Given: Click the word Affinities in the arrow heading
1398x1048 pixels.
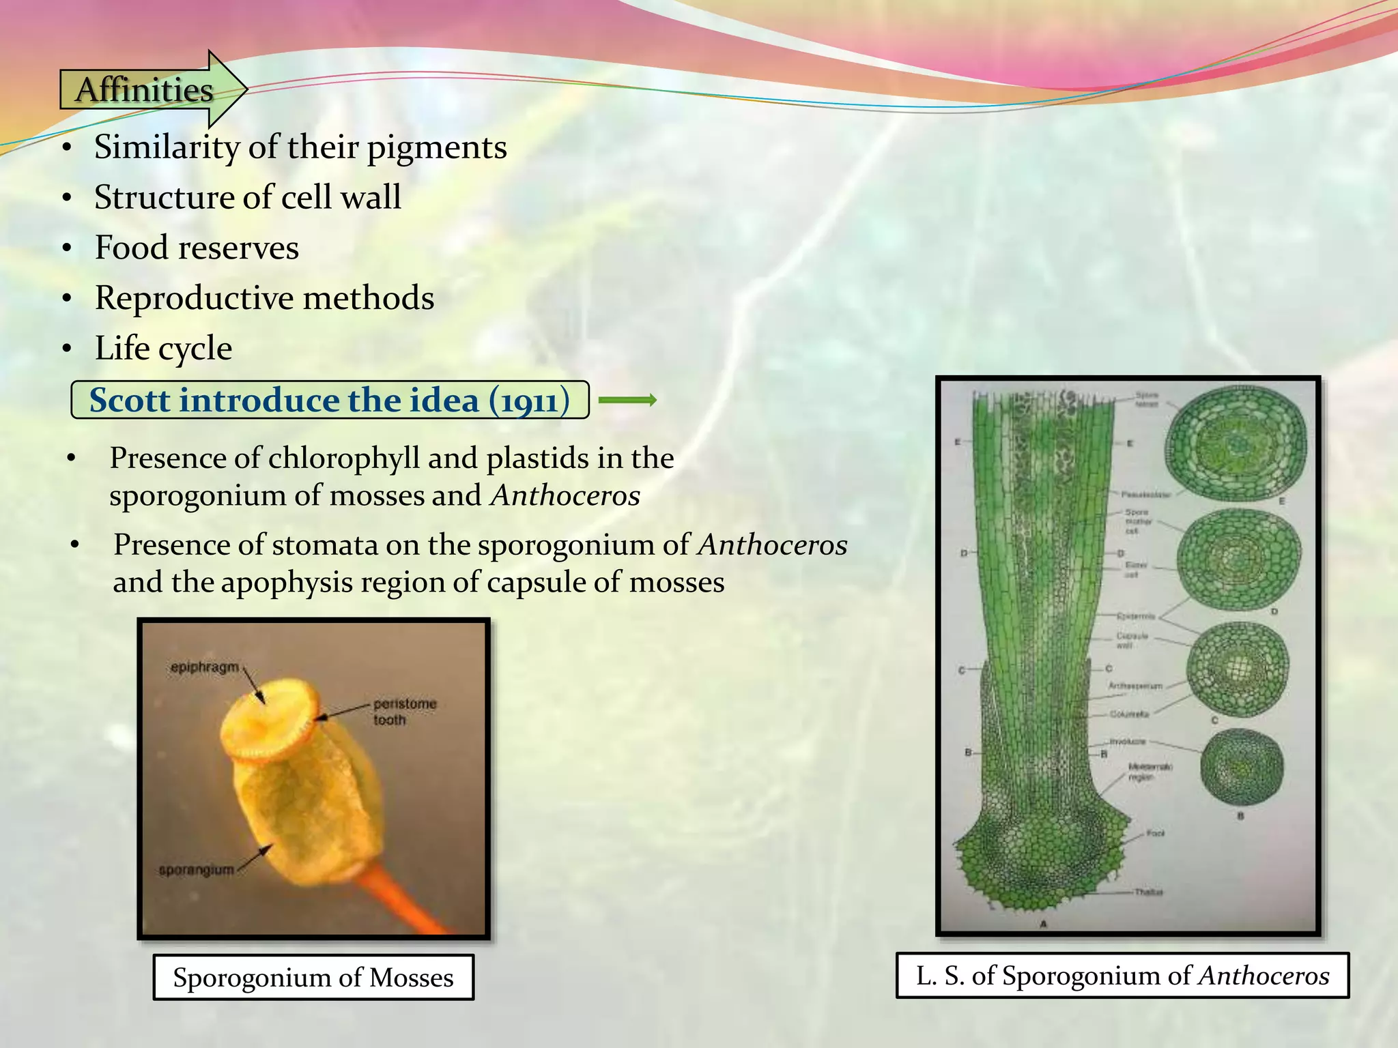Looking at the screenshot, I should [144, 90].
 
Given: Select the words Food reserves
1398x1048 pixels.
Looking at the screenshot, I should [197, 248].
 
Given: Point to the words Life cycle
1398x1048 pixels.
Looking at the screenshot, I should [163, 348].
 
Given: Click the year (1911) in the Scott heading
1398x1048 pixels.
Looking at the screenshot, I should [529, 401].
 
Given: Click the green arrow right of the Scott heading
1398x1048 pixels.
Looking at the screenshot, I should [627, 401].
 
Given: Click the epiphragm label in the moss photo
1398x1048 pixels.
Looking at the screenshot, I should [205, 667].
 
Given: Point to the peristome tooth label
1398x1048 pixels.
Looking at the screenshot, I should [404, 711].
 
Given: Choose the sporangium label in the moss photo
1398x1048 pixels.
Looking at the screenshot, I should [197, 870].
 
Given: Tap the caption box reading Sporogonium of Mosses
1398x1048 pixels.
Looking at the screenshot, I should [313, 977].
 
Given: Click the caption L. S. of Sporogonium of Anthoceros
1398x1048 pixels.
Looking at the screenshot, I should [1122, 976].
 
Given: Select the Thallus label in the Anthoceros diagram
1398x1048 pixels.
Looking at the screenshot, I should [1148, 892].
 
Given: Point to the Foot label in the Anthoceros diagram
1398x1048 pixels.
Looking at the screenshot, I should [1155, 833].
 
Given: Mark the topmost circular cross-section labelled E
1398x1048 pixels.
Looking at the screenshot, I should [1236, 443].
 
